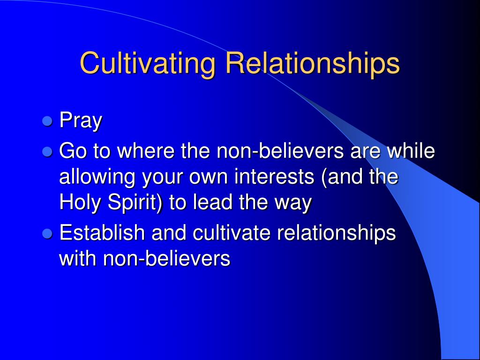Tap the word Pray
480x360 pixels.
point(81,121)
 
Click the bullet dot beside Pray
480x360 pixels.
point(47,121)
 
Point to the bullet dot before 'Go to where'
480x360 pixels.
point(47,151)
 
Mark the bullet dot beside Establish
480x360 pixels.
point(47,233)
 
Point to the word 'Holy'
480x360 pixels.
point(80,203)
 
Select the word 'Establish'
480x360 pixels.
point(102,232)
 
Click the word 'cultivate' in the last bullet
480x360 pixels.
point(232,232)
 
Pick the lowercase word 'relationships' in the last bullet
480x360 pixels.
point(337,233)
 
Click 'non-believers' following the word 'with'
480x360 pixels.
point(166,259)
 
